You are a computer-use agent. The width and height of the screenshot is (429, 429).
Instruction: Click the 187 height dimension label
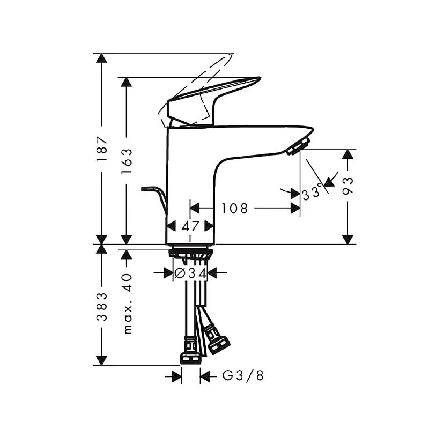pyautogui.click(x=102, y=149)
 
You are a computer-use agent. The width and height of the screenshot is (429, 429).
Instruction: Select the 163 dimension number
pyautogui.click(x=127, y=161)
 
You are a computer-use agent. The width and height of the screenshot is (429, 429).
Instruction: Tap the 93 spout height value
pyautogui.click(x=347, y=186)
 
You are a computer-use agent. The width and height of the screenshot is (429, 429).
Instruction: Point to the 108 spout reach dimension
pyautogui.click(x=234, y=209)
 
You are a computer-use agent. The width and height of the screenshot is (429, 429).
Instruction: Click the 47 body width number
pyautogui.click(x=191, y=226)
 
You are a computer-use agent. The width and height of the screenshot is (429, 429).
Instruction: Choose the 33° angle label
pyautogui.click(x=312, y=192)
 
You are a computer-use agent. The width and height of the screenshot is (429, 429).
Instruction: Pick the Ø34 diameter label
pyautogui.click(x=190, y=273)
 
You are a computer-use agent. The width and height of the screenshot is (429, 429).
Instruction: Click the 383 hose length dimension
pyautogui.click(x=102, y=306)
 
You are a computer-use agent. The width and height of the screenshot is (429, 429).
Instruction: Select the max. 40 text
pyautogui.click(x=128, y=304)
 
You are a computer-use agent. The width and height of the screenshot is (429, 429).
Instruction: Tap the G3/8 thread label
pyautogui.click(x=243, y=375)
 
